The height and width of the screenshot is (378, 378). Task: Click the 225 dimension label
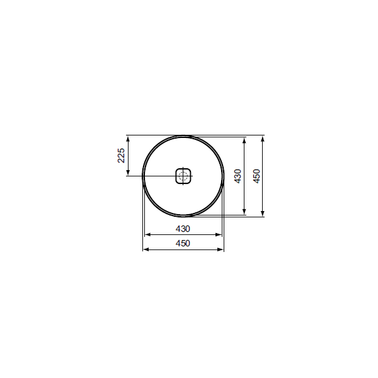(121, 156)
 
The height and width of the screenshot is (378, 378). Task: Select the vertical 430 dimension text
(238, 176)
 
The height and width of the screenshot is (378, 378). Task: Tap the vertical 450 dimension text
(257, 176)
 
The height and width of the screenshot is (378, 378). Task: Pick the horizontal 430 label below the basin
(183, 229)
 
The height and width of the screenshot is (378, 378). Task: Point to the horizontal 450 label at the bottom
(183, 243)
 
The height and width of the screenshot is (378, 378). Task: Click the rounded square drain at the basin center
(183, 176)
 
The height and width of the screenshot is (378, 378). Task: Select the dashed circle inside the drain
(183, 176)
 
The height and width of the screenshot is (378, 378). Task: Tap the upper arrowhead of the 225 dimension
(128, 139)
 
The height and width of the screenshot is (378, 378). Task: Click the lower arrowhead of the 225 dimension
(128, 173)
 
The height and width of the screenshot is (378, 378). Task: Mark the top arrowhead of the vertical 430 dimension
(244, 140)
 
